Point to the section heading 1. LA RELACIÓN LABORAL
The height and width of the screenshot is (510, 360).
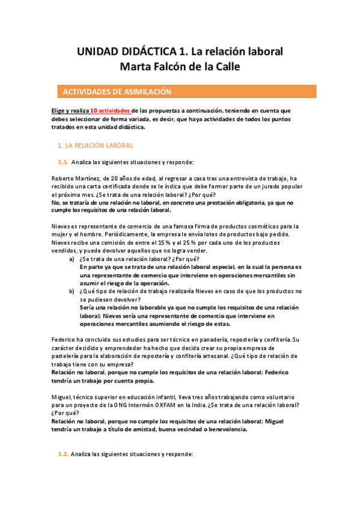tap(95, 146)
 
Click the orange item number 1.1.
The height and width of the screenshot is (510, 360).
tap(63, 162)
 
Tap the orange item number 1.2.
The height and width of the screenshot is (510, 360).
tap(63, 454)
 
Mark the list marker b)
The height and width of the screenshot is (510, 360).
tap(72, 291)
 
